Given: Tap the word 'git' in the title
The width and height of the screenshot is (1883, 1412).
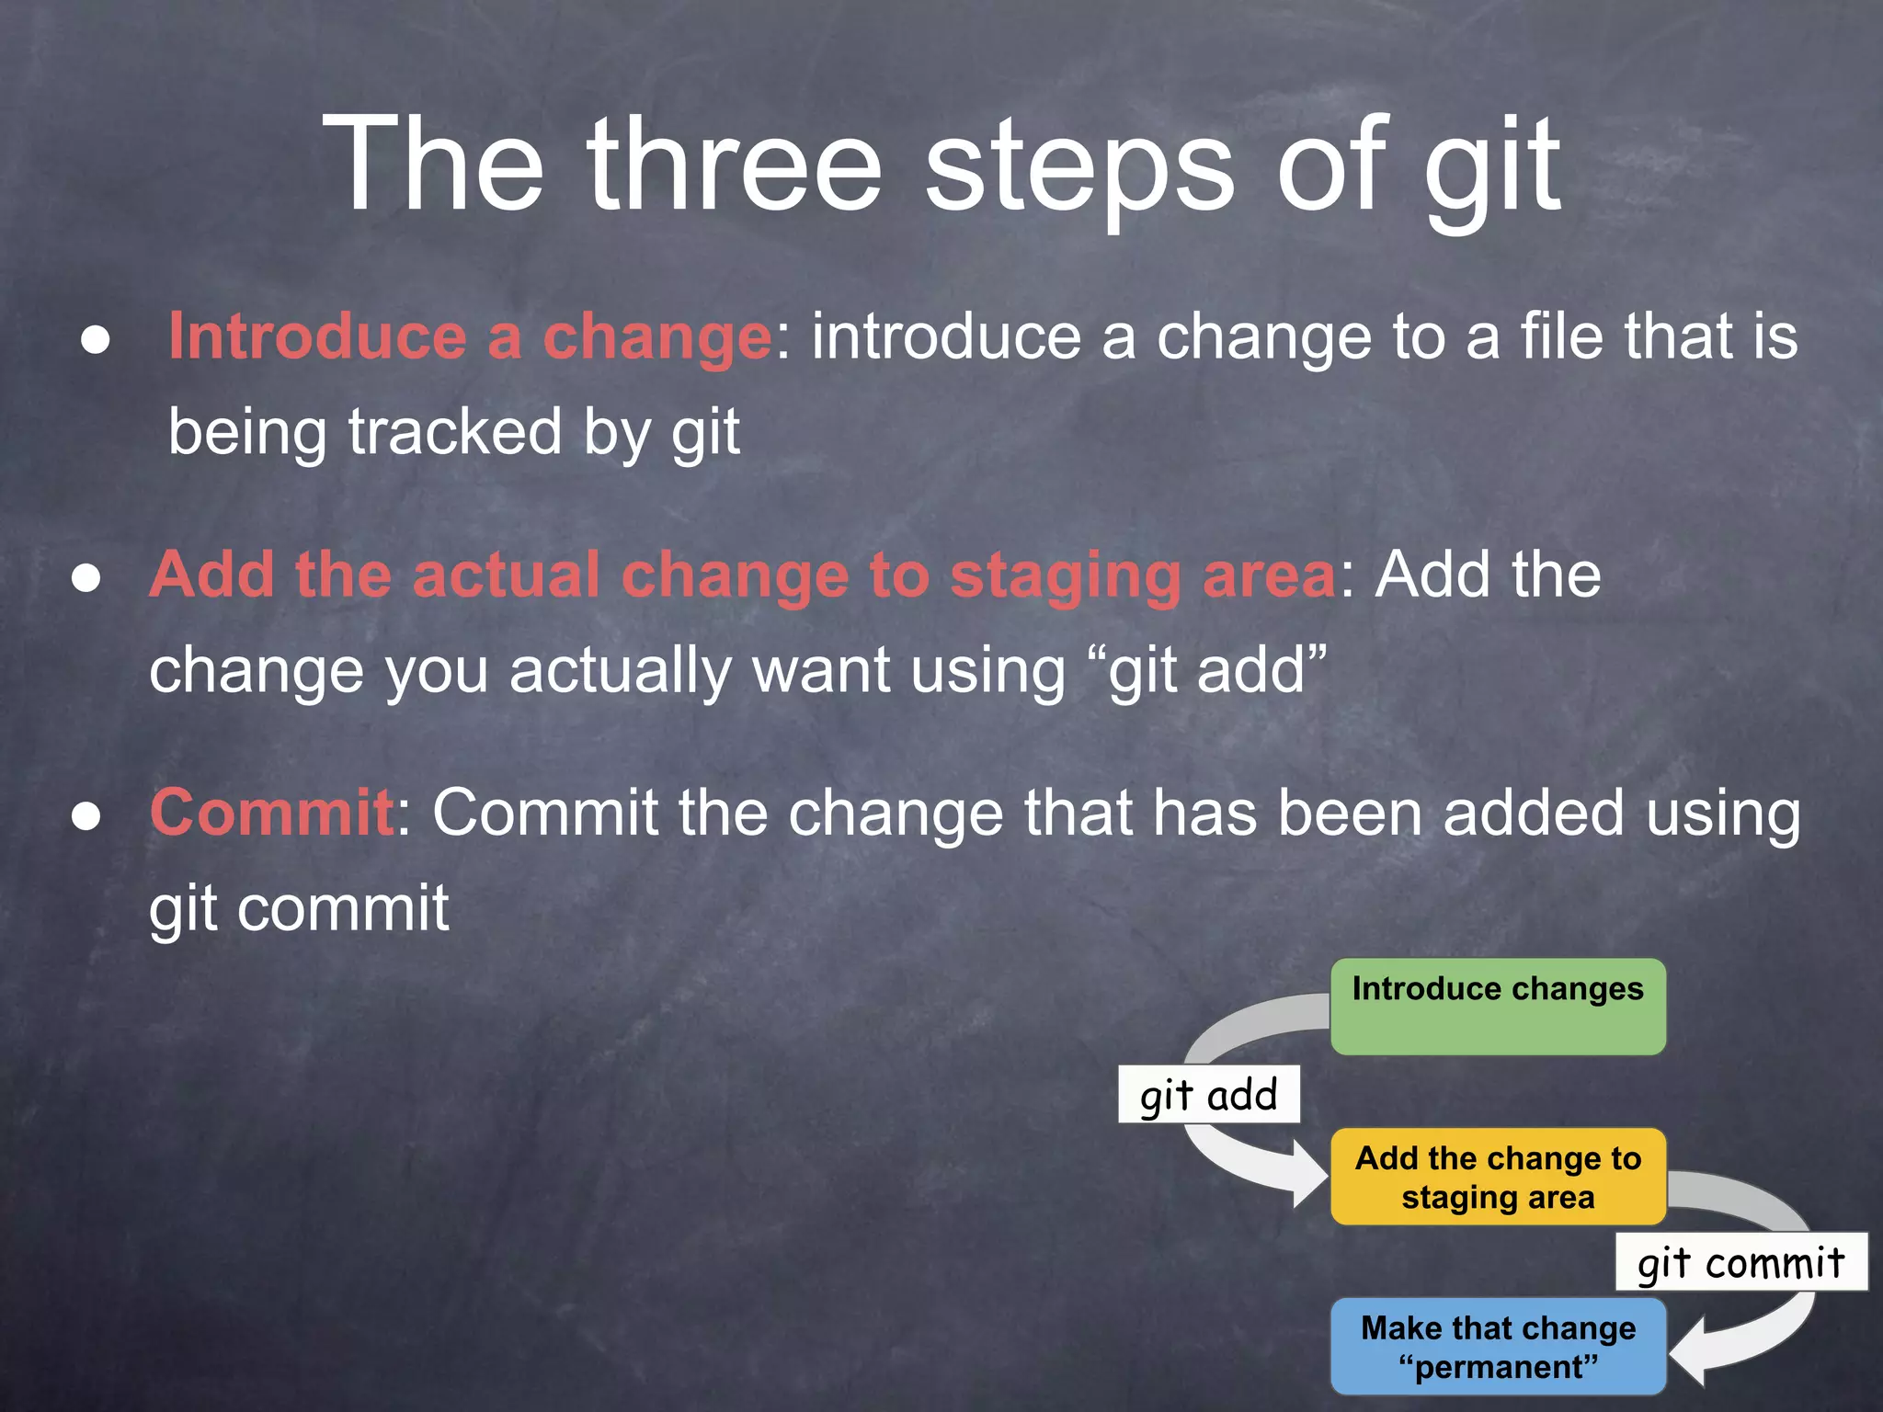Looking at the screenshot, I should coord(1491,170).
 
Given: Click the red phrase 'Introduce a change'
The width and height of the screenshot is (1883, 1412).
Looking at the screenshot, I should coord(470,336).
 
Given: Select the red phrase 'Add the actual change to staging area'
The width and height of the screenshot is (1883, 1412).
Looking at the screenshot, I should coord(743,575).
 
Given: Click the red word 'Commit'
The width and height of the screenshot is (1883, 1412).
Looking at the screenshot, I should coord(272,813).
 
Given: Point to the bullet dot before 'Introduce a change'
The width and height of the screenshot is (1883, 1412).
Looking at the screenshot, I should coord(96,340).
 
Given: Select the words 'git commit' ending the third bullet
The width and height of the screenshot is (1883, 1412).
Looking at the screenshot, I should coord(299,909).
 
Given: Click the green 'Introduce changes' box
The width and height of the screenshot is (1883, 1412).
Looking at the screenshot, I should coord(1498,1007).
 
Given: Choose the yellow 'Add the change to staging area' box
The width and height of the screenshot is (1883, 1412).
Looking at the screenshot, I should coord(1498,1177).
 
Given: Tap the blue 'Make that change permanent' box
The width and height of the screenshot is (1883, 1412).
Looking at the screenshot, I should coord(1498,1347).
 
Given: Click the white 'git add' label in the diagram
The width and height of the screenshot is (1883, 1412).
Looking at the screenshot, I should coord(1208,1095).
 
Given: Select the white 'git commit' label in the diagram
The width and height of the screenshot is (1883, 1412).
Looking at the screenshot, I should coord(1740,1262).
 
